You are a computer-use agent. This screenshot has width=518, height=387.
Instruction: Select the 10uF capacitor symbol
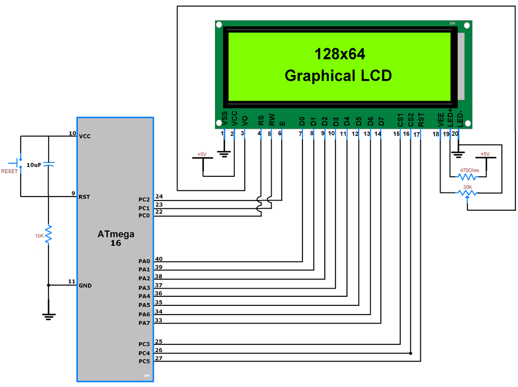tap(49, 165)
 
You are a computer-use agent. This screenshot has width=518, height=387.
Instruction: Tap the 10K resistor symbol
tap(49, 234)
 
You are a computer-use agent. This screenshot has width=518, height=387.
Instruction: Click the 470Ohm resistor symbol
tap(467, 177)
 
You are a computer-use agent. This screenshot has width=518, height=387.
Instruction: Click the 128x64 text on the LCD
tap(340, 54)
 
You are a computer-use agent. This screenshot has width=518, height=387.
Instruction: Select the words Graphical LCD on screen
tap(338, 75)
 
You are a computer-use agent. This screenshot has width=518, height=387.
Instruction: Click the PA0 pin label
tap(144, 261)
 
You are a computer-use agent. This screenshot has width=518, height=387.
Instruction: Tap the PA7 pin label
tap(144, 323)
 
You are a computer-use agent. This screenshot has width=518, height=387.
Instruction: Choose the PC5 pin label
tap(144, 361)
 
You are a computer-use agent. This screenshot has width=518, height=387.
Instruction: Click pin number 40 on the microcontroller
tap(159, 259)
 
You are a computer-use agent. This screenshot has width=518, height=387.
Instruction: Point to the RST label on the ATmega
tap(84, 197)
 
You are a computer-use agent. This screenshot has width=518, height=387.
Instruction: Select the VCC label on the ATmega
tap(85, 136)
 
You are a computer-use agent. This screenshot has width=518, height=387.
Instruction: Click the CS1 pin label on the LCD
tap(400, 120)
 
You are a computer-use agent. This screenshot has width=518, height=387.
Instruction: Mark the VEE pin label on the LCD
tap(441, 119)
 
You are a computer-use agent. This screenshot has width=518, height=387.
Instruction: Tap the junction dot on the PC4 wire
tap(410, 353)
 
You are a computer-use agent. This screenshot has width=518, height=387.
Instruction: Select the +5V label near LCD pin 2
tap(202, 154)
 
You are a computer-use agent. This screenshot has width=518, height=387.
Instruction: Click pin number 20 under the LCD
tap(455, 134)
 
